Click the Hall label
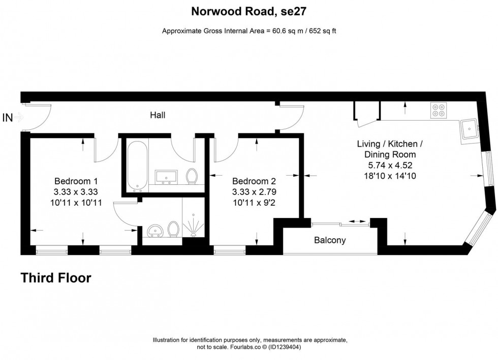[157, 116]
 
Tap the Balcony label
[330, 240]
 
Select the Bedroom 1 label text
[76, 181]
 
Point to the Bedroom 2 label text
[254, 181]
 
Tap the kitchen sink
[469, 129]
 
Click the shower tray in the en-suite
[193, 224]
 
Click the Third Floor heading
[56, 278]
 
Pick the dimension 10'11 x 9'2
[254, 202]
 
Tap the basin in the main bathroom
[166, 177]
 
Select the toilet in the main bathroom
[192, 177]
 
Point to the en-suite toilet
[173, 229]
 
